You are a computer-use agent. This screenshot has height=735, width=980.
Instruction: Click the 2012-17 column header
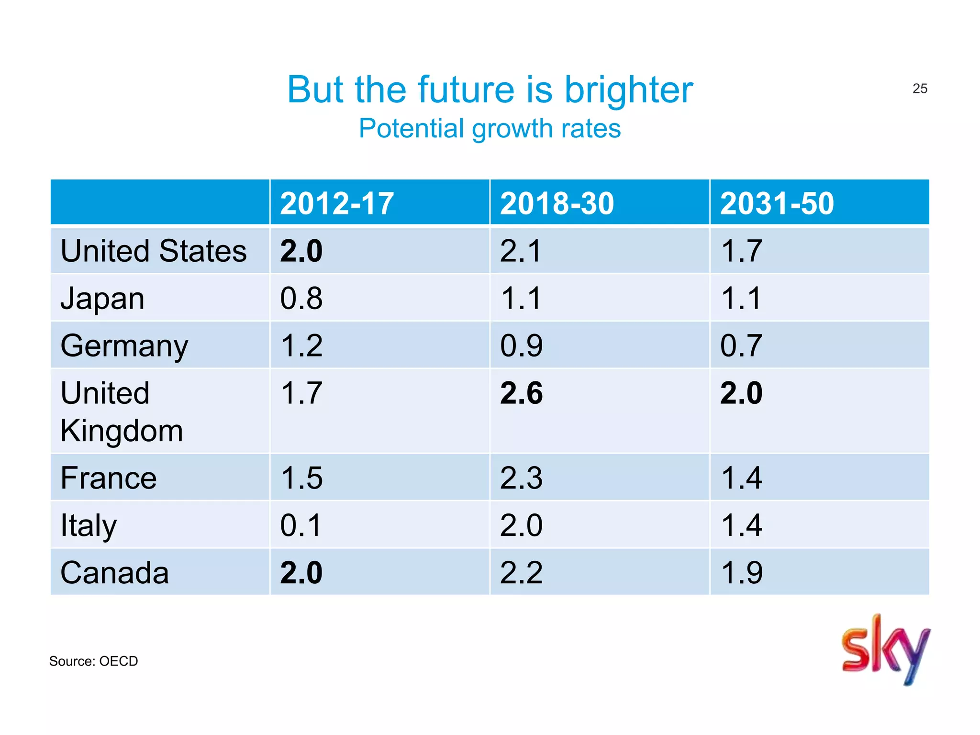click(337, 203)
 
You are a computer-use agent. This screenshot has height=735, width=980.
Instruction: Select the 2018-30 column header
click(557, 203)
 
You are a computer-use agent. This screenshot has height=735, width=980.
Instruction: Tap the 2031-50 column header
click(777, 203)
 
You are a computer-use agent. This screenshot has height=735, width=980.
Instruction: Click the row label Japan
click(102, 299)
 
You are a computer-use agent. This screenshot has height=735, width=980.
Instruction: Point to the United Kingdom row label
click(122, 412)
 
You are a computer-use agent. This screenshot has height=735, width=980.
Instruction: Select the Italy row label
click(89, 525)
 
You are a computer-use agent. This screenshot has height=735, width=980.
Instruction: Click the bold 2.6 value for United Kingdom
click(521, 393)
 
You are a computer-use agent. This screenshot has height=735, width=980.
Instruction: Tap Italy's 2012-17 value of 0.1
click(301, 525)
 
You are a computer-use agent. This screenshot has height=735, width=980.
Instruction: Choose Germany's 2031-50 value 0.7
click(741, 346)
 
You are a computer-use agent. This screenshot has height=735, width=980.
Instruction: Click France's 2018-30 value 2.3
click(521, 478)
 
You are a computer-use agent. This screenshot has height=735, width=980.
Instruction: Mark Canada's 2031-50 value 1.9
click(741, 573)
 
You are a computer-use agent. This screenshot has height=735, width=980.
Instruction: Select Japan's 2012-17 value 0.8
click(301, 299)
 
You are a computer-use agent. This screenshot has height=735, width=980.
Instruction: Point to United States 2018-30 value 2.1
click(521, 251)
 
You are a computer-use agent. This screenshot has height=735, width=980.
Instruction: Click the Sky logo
click(885, 649)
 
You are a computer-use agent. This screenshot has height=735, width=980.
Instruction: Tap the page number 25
click(920, 89)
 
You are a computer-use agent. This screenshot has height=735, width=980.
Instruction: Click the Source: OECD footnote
click(93, 661)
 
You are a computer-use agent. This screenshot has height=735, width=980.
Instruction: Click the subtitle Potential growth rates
click(490, 129)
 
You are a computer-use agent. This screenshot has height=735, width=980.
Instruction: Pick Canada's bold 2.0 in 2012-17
click(301, 573)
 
